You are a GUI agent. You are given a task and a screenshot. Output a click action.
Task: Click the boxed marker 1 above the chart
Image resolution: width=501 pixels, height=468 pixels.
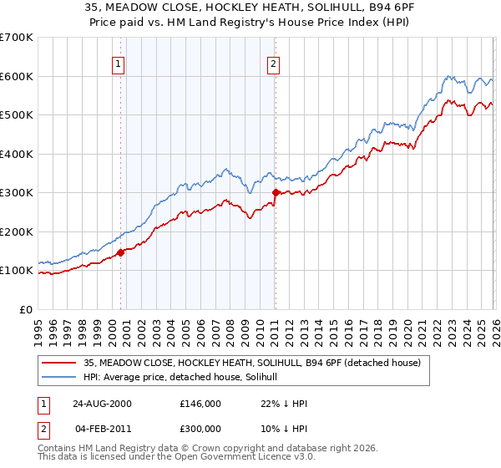(119, 63)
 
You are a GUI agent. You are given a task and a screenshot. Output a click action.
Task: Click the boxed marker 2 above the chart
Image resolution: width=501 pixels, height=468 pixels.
(273, 63)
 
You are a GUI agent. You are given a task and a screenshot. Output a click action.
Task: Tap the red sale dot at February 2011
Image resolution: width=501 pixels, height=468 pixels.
(275, 193)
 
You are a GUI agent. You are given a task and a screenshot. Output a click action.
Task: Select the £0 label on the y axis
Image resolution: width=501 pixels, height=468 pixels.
(27, 309)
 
